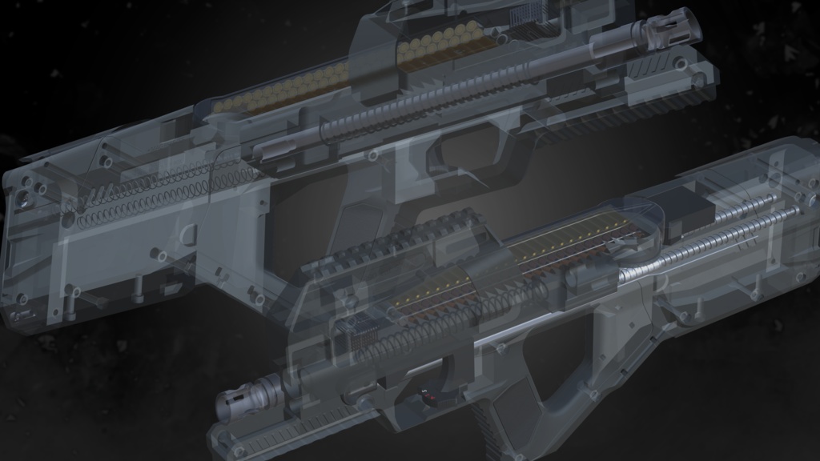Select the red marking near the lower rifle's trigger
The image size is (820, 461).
tap(424, 394)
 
